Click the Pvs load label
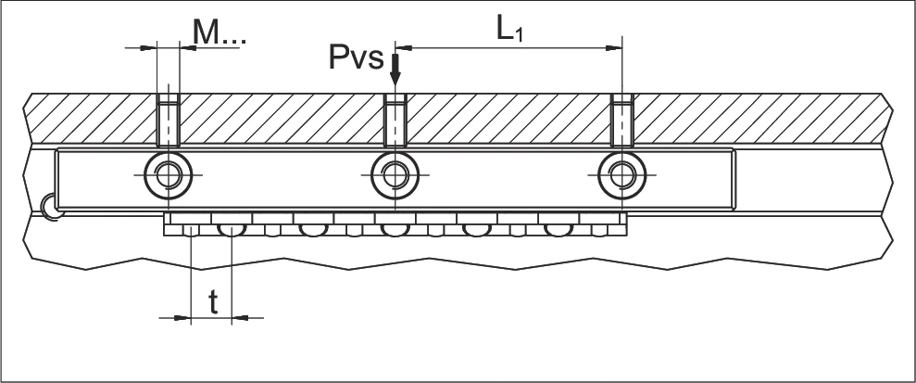click(x=357, y=57)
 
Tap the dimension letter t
click(x=213, y=302)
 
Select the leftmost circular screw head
click(x=169, y=175)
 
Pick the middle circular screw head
click(x=395, y=175)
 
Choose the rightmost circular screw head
click(x=622, y=175)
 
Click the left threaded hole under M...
click(x=169, y=120)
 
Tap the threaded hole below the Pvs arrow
click(x=395, y=120)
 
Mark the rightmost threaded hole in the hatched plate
click(x=622, y=120)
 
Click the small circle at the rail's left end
click(x=52, y=207)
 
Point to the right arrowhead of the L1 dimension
click(x=614, y=48)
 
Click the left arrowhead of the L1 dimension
click(x=404, y=48)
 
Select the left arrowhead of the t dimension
click(x=183, y=318)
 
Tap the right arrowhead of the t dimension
click(x=240, y=318)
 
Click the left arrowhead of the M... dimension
click(x=149, y=48)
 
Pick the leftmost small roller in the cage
click(x=191, y=231)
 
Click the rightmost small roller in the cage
click(x=599, y=231)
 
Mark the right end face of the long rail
click(x=734, y=180)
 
